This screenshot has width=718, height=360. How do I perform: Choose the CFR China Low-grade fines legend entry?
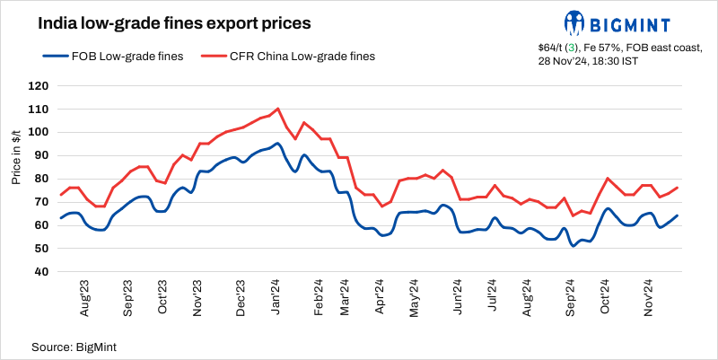click(287, 56)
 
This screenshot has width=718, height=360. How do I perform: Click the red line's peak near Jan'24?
click(278, 109)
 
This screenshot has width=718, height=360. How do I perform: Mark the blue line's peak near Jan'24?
click(277, 144)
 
